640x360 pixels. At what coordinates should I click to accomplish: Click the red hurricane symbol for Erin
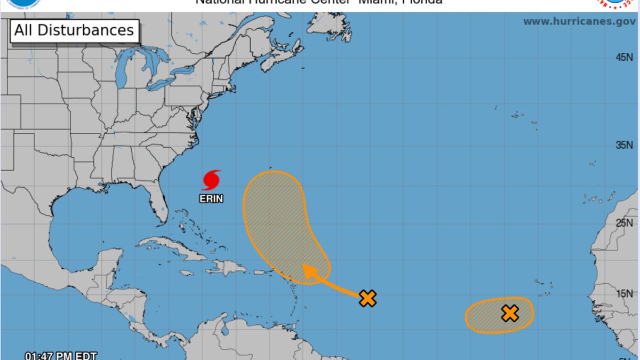point(211,180)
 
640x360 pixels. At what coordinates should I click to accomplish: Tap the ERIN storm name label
point(211,199)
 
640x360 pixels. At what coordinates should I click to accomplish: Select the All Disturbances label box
point(74,30)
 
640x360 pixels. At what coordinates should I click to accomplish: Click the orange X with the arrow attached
point(367,298)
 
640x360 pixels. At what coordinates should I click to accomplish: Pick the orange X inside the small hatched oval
point(510,313)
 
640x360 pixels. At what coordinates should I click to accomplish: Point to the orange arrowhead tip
point(304,265)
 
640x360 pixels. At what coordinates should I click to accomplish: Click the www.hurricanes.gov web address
point(579,22)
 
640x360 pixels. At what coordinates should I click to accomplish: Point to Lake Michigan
point(122,72)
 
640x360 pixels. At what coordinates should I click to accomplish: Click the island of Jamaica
point(186,273)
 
